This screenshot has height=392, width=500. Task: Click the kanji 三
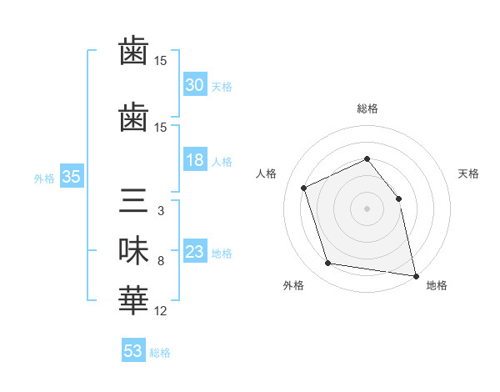[133, 200]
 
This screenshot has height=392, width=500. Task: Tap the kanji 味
[133, 250]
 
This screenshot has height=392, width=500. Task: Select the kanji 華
[133, 300]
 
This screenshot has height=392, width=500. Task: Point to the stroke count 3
[161, 211]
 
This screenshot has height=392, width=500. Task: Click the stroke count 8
[161, 261]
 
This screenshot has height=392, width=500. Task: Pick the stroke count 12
[160, 311]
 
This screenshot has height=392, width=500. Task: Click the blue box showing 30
[195, 84]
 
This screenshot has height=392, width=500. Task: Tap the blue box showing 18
[195, 159]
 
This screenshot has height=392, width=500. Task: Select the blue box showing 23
[195, 250]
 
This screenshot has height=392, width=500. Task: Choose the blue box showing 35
[72, 176]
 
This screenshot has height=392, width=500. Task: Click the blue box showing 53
[133, 349]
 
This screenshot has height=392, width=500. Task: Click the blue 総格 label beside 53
[160, 353]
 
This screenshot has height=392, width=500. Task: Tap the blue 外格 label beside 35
[44, 178]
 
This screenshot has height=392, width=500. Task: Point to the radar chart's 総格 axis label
[367, 108]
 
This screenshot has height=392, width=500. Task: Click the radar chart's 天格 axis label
[468, 173]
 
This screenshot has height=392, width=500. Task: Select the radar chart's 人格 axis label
[266, 173]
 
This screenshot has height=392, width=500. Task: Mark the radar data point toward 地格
[416, 276]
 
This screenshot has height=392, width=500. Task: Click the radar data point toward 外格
[327, 263]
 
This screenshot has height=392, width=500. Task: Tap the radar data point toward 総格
[367, 158]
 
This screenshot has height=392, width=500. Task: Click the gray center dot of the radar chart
[367, 209]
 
